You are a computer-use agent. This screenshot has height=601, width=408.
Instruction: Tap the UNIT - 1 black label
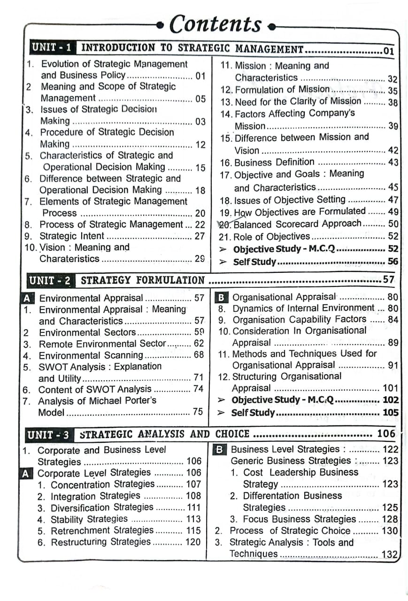(52, 47)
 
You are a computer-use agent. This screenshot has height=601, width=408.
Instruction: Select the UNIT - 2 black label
(50, 281)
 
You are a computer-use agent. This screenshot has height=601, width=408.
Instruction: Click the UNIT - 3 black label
(48, 435)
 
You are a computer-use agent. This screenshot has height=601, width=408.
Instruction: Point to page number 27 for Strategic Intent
(200, 236)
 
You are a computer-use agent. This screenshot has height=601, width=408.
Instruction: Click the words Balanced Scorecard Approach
(298, 224)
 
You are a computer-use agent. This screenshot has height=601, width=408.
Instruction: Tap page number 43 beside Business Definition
(393, 162)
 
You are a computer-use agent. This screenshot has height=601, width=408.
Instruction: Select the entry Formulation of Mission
(282, 89)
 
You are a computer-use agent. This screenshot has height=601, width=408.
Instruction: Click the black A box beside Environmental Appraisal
(27, 298)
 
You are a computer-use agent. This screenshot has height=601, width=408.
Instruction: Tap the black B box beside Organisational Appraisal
(221, 297)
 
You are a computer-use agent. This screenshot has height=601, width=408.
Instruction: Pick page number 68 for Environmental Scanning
(199, 355)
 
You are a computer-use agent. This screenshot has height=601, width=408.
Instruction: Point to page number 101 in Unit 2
(390, 388)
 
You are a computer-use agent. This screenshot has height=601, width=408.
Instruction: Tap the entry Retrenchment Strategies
(102, 531)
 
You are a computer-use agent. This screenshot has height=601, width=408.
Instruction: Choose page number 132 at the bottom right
(390, 555)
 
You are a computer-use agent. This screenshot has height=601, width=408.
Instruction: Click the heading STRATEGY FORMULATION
(143, 281)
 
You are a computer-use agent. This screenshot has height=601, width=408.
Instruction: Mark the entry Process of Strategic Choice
(290, 531)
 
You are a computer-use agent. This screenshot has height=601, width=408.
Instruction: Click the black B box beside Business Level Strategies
(219, 449)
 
